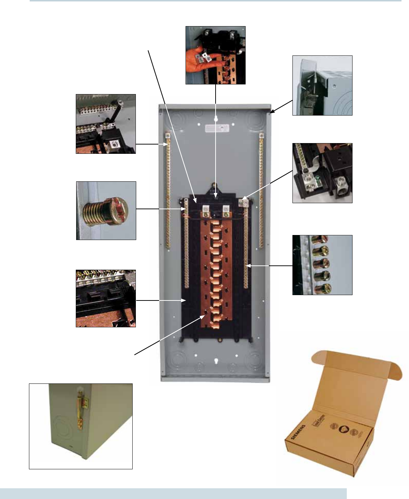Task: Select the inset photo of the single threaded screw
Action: pyautogui.click(x=106, y=210)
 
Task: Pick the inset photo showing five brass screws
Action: pyautogui.click(x=322, y=265)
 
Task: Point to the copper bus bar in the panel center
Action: pyautogui.click(x=216, y=272)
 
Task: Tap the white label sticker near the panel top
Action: pyautogui.click(x=216, y=128)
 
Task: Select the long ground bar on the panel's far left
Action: pyautogui.click(x=168, y=190)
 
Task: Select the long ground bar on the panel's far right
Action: pyautogui.click(x=261, y=190)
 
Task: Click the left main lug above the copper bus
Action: pyautogui.click(x=206, y=211)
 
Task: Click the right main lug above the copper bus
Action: pyautogui.click(x=225, y=211)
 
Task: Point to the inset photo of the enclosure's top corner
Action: pyautogui.click(x=322, y=85)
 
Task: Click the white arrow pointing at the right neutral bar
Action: pyautogui.click(x=268, y=266)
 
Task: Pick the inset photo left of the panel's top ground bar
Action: pyautogui.click(x=106, y=124)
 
